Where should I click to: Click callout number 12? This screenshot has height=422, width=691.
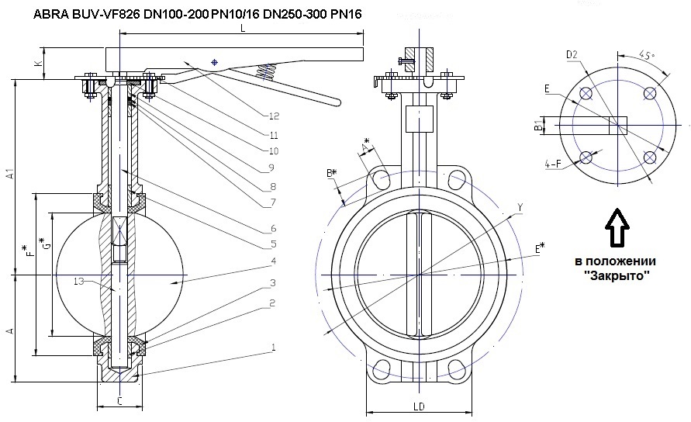coord(273,116)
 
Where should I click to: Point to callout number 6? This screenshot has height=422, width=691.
coord(273,229)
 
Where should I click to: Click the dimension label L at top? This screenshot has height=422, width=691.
coord(243,28)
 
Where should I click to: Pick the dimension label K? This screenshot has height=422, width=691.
coord(36,61)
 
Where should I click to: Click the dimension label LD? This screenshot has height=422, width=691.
coord(418,405)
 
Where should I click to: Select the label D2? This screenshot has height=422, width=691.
coord(572,54)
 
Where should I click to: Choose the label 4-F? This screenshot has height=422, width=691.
coord(553,164)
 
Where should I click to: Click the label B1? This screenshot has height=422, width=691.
coord(538,126)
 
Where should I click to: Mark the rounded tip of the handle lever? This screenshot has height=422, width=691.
coord(335,102)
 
